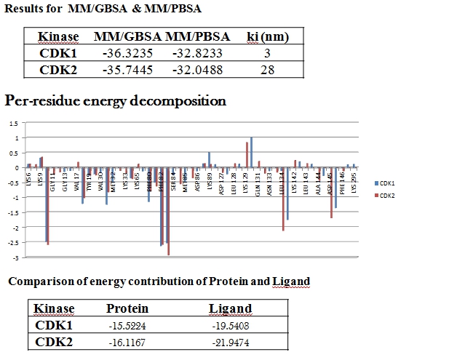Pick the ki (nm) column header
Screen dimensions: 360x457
[x=266, y=36]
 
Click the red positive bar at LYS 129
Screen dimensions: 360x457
[x=247, y=155]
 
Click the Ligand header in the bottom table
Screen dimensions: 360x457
[x=230, y=308]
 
